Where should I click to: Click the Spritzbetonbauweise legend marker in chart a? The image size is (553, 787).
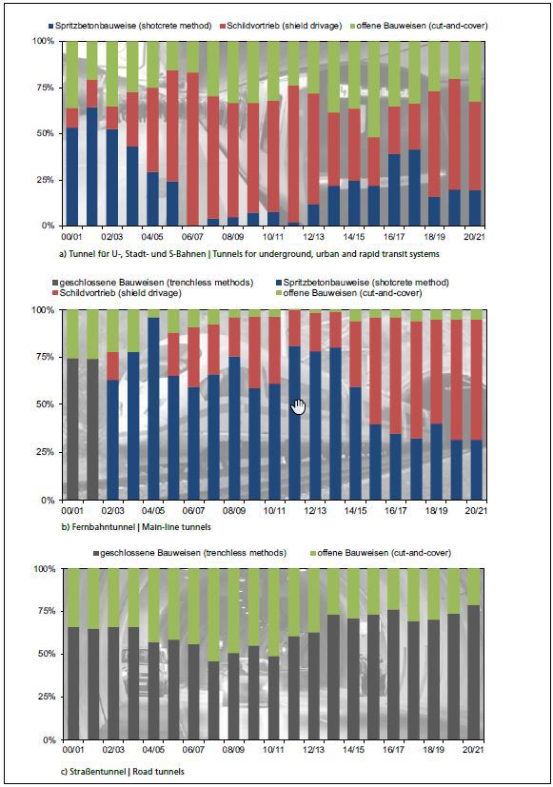[50, 26]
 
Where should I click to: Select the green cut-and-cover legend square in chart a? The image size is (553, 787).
[352, 26]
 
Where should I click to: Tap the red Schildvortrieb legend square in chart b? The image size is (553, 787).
[56, 292]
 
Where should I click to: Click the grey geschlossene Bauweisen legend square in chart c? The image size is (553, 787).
[96, 553]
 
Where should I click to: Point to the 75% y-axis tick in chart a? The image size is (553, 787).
[43, 88]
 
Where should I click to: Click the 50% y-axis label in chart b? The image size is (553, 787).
[44, 404]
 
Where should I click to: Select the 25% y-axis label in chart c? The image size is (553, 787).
[44, 697]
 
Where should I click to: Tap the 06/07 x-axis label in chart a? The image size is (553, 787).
[192, 236]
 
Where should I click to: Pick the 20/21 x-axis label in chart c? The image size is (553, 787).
[474, 750]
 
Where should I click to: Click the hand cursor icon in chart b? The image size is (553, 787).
[298, 407]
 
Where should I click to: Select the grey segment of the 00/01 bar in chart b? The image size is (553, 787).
[72, 429]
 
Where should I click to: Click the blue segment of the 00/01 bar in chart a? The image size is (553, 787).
[72, 177]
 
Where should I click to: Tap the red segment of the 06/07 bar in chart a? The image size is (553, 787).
[192, 149]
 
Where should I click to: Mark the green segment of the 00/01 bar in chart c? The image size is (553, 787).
[73, 598]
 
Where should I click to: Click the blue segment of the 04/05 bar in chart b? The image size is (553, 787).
[153, 408]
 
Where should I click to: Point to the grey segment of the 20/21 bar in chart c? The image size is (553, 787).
[474, 673]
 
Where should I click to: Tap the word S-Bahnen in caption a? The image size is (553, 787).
[188, 254]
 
